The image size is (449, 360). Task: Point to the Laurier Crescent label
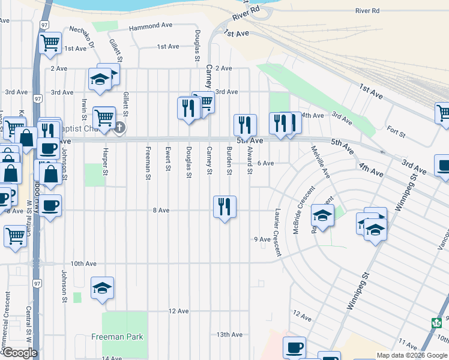coord(277,233)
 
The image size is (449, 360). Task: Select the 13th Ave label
coord(229,335)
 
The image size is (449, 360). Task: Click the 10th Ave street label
coord(83,263)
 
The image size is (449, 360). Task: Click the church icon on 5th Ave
coord(119,127)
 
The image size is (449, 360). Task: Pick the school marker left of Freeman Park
coord(102,289)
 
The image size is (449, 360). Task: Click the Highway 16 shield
coord(436,322)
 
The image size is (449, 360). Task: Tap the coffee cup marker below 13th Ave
coord(294,347)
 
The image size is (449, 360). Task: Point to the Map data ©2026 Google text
coord(412,355)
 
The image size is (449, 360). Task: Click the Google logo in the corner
coord(19,353)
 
